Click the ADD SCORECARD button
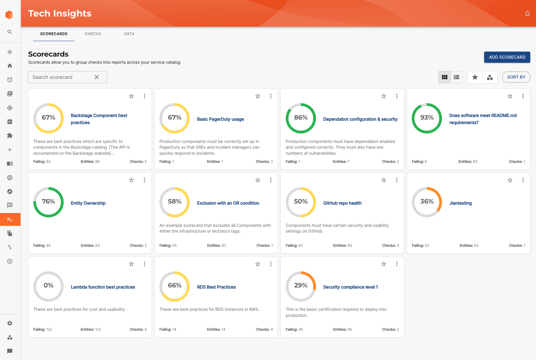pos(507,57)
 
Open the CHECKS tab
pos(93,34)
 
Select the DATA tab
pos(129,34)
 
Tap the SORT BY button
pos(516,77)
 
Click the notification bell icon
pos(527,13)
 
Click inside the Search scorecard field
pos(61,77)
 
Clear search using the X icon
pos(97,77)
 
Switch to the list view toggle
pos(456,77)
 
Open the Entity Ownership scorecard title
pos(88,203)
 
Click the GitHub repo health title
pos(342,203)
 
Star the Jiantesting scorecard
pos(510,180)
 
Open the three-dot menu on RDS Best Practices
pos(271,264)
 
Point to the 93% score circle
pos(427,118)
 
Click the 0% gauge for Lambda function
pos(49,286)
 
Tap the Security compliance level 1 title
pos(350,287)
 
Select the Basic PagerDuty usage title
pos(220,119)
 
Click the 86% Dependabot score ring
pos(301,118)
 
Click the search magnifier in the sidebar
pos(10,32)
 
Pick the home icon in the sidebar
pos(10,66)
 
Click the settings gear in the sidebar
pos(10,323)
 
